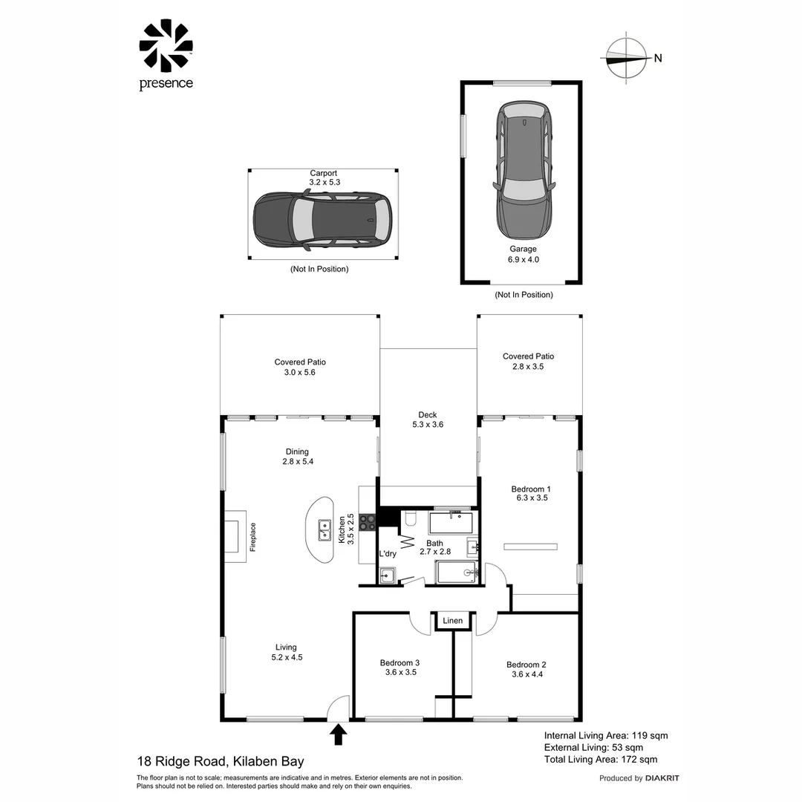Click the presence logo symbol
[x=166, y=46]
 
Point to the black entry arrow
[x=338, y=734]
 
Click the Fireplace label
[x=252, y=537]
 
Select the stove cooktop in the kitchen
[x=366, y=523]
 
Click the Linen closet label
[x=452, y=621]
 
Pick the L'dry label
[x=387, y=554]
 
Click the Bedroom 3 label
[x=400, y=663]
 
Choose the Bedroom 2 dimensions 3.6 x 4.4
[x=526, y=675]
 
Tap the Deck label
[x=427, y=415]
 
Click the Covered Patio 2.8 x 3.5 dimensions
[x=528, y=367]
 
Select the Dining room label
[x=296, y=451]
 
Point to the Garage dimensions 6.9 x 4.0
[x=523, y=260]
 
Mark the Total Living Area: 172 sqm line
[x=600, y=759]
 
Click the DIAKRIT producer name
[x=662, y=778]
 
